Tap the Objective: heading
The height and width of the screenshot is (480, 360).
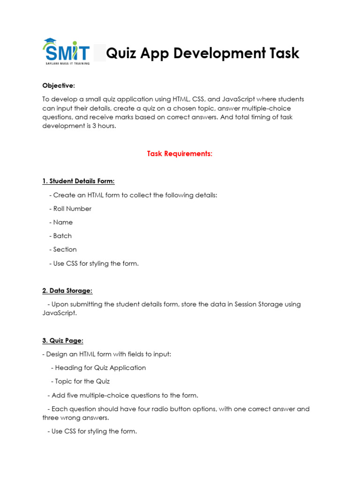click(x=59, y=85)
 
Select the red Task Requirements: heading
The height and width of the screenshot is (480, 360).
click(x=180, y=154)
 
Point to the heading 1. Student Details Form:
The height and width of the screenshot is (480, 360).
click(x=78, y=181)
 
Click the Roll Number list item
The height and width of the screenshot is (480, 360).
click(x=72, y=209)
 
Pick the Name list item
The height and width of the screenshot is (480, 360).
click(x=63, y=222)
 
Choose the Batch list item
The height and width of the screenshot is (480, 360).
click(x=62, y=236)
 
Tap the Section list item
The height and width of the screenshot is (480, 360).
click(x=65, y=249)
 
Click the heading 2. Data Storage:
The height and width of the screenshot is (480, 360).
click(x=67, y=291)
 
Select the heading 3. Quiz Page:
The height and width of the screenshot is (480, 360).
click(x=63, y=340)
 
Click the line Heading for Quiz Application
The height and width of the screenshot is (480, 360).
click(x=100, y=367)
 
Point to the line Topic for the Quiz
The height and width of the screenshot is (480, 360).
click(x=82, y=381)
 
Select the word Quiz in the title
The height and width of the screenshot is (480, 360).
click(x=121, y=53)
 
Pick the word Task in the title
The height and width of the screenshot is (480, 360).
click(x=283, y=53)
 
